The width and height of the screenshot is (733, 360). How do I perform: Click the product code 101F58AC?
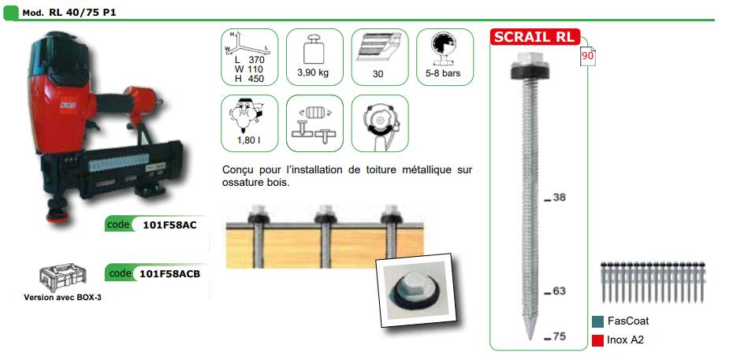(x=169, y=225)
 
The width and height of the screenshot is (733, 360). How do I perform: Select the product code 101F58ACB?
(x=169, y=273)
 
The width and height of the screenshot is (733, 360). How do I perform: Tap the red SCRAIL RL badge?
(x=535, y=37)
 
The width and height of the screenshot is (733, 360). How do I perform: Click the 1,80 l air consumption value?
(x=249, y=139)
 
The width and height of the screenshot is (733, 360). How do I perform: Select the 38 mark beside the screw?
(x=559, y=198)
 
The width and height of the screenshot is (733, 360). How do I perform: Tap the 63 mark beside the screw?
(x=559, y=291)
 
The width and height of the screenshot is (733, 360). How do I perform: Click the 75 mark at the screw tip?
(x=559, y=336)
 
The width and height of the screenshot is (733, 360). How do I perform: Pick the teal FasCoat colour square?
(x=597, y=321)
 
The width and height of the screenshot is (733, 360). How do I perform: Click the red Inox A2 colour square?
(x=597, y=340)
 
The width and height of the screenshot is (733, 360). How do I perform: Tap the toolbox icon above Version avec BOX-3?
(x=62, y=278)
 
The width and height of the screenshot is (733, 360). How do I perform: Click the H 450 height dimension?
(x=249, y=79)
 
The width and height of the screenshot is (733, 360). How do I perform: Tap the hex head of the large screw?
(x=529, y=58)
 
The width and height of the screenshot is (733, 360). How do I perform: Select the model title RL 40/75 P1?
(x=82, y=13)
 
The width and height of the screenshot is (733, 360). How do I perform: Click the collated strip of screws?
(x=653, y=281)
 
